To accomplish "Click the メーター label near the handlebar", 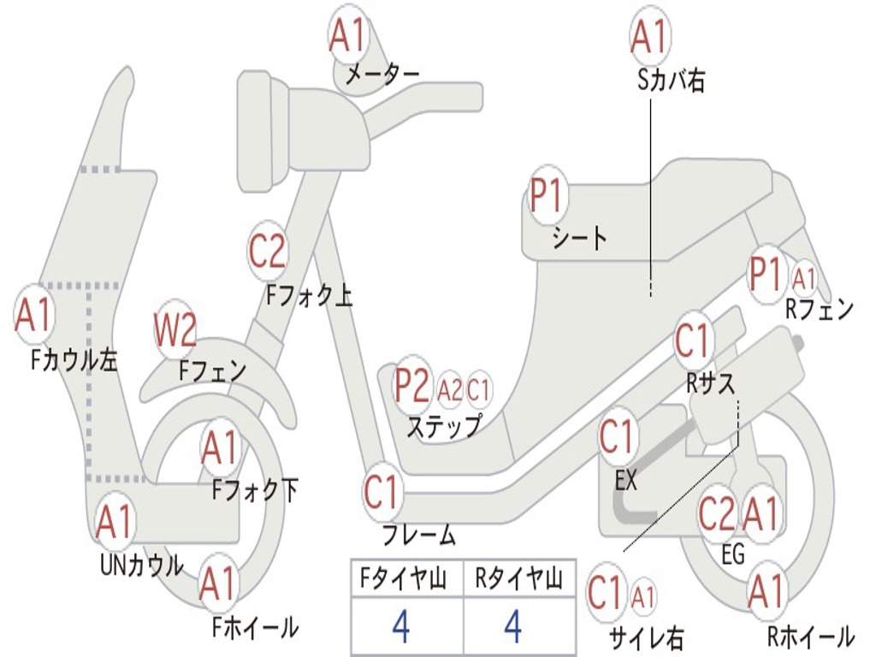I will tap(382, 75).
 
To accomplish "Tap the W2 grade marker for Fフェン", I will tap(175, 330).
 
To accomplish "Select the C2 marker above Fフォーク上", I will tap(268, 252).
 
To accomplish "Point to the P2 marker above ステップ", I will tap(412, 386).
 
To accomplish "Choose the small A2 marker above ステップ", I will tap(450, 390).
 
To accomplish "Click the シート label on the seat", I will tap(579, 237).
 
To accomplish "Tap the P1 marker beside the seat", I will tap(547, 196).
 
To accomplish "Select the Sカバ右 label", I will tap(672, 81).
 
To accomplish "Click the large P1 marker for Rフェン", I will tap(766, 275).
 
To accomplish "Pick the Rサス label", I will tap(711, 384).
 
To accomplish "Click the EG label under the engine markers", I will tap(733, 554).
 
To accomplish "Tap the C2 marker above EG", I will tap(717, 514).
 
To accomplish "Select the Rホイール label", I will tap(809, 636).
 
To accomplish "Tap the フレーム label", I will tap(419, 536).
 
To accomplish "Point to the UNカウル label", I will tap(142, 565).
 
